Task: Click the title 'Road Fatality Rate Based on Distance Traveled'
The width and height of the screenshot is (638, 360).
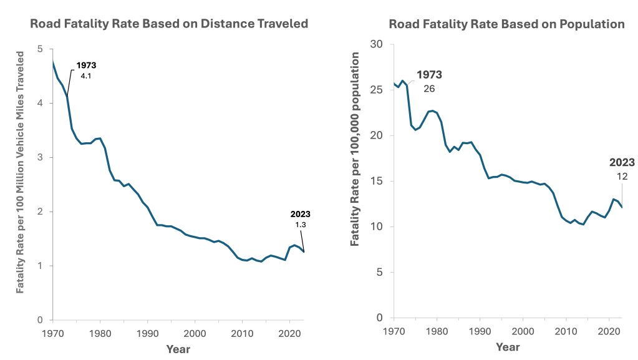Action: [170, 24]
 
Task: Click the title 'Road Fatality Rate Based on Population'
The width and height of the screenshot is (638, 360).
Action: [506, 24]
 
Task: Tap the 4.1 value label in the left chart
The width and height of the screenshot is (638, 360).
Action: [86, 75]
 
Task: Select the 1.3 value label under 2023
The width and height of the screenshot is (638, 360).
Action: [300, 224]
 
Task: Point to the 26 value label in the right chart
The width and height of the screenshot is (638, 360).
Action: [429, 89]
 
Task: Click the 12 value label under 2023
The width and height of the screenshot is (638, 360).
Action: [622, 177]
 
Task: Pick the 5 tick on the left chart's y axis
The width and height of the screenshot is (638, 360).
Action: [40, 49]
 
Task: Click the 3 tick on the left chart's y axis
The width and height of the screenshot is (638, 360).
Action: [40, 157]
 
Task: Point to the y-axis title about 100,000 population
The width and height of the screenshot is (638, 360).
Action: [356, 148]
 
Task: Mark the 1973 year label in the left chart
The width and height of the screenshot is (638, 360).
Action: [86, 66]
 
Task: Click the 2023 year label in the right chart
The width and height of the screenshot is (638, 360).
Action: [622, 163]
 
